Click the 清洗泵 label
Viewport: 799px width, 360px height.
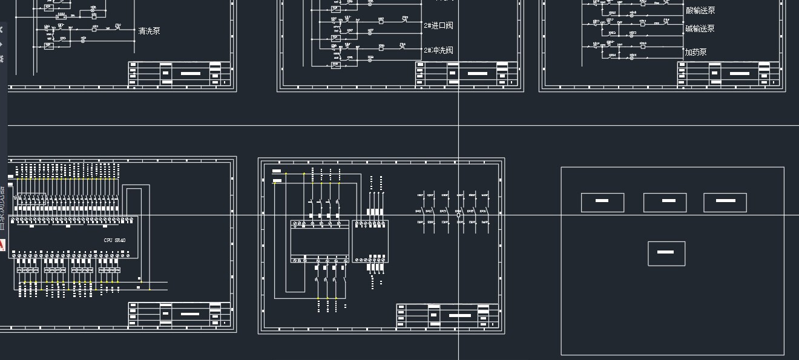tap(150, 31)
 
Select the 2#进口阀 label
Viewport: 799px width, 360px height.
tap(438, 25)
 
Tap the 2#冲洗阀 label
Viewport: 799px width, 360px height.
tap(438, 50)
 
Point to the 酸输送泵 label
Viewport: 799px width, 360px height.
tap(700, 10)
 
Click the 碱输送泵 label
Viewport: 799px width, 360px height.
tap(700, 28)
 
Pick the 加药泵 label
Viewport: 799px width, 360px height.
tap(696, 52)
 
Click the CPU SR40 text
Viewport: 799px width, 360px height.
tap(115, 240)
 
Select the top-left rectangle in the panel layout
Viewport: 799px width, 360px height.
tap(602, 202)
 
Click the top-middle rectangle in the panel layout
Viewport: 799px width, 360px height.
tap(665, 202)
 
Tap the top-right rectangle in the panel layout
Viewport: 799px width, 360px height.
tap(725, 202)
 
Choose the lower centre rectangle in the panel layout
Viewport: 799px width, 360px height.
tap(666, 253)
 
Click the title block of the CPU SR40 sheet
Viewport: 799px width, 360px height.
tap(179, 314)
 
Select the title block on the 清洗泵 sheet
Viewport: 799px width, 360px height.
tap(179, 74)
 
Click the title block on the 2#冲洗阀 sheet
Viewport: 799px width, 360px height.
tap(467, 74)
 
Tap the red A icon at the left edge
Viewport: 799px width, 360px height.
tap(2, 245)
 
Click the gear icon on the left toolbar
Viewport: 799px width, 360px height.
tap(2, 59)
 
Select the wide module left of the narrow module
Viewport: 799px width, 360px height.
tap(320, 241)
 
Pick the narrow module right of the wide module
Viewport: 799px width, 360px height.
tap(370, 241)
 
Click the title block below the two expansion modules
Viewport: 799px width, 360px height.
tap(448, 315)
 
